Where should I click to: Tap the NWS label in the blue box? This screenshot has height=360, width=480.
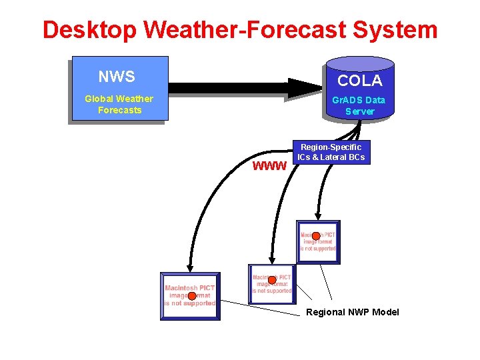[116, 77]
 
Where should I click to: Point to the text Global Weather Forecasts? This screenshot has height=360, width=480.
[119, 104]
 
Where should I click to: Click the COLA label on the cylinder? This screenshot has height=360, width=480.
[359, 81]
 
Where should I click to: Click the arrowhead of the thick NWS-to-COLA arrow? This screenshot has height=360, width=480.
[303, 87]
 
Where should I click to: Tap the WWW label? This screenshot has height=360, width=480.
[269, 165]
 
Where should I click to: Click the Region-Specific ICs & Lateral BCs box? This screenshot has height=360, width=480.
[331, 152]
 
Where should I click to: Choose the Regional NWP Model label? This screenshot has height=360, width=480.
[352, 312]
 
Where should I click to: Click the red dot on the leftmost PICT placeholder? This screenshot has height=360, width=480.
[191, 296]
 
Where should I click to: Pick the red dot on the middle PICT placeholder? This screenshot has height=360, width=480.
[271, 281]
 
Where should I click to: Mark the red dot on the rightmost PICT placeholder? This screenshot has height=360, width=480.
[316, 236]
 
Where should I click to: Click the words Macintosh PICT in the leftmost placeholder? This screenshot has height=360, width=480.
[189, 288]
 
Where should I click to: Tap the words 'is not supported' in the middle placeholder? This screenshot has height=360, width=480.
[271, 291]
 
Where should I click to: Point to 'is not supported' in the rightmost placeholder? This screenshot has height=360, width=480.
[318, 249]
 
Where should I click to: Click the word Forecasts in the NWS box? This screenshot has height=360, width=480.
[119, 110]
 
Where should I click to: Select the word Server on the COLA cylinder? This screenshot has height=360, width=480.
[359, 111]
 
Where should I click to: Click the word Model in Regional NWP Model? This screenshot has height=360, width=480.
[385, 312]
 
